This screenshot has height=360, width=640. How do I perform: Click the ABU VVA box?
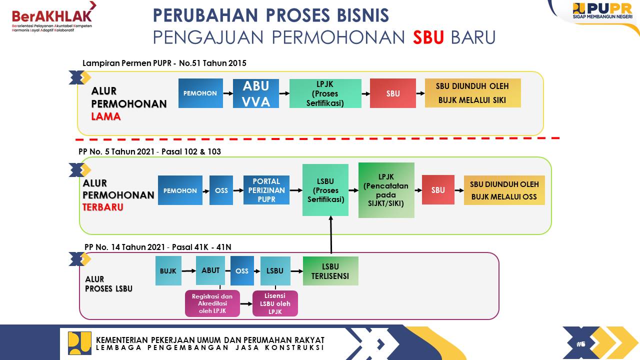tap(255, 93)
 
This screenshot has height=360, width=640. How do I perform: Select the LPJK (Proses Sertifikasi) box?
tap(325, 93)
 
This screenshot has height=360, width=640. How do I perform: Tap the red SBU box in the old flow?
tap(393, 93)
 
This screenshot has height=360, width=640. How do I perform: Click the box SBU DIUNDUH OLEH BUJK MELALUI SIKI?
tap(472, 93)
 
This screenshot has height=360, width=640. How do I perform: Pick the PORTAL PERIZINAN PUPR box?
tap(266, 190)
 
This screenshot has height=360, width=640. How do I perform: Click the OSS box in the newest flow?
tap(221, 190)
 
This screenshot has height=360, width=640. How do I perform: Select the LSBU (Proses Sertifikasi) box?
tap(325, 190)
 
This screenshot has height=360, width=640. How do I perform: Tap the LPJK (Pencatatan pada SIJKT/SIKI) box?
tap(386, 190)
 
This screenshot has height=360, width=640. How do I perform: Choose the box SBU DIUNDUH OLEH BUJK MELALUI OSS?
tap(504, 190)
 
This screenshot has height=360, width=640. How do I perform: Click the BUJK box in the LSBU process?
tap(168, 271)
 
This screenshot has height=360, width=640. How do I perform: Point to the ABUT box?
tap(210, 270)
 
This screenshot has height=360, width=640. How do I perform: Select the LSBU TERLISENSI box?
tap(330, 271)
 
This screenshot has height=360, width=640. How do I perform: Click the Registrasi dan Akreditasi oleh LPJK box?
tap(212, 303)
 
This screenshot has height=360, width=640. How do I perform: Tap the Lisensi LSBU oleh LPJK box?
tap(275, 303)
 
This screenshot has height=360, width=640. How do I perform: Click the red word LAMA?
tap(105, 116)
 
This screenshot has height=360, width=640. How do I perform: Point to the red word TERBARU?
tap(103, 207)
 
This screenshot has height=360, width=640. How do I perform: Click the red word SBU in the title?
tap(428, 37)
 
